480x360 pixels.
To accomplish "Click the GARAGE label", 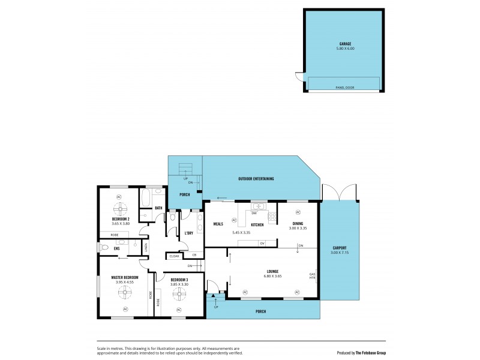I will [344, 44].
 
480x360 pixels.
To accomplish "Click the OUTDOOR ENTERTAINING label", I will [256, 179].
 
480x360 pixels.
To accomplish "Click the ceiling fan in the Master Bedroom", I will [125, 293].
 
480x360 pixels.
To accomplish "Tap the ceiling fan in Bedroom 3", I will [179, 295].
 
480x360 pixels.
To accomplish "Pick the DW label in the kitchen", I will [254, 213].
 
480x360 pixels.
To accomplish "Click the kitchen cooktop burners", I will [271, 217].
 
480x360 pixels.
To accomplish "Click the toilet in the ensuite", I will [105, 247].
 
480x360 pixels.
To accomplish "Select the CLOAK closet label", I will [174, 256].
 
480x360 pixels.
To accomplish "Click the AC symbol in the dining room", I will [298, 212].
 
